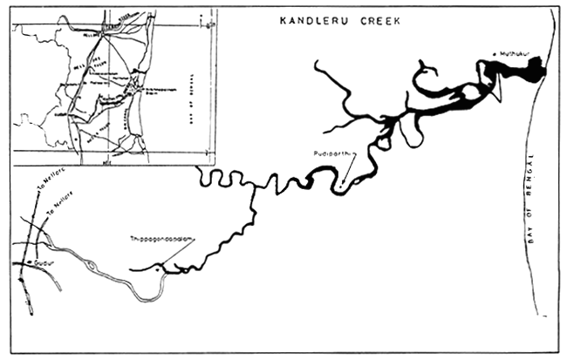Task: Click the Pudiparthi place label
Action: (x=332, y=154)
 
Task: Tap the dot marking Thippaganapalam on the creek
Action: (x=158, y=269)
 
